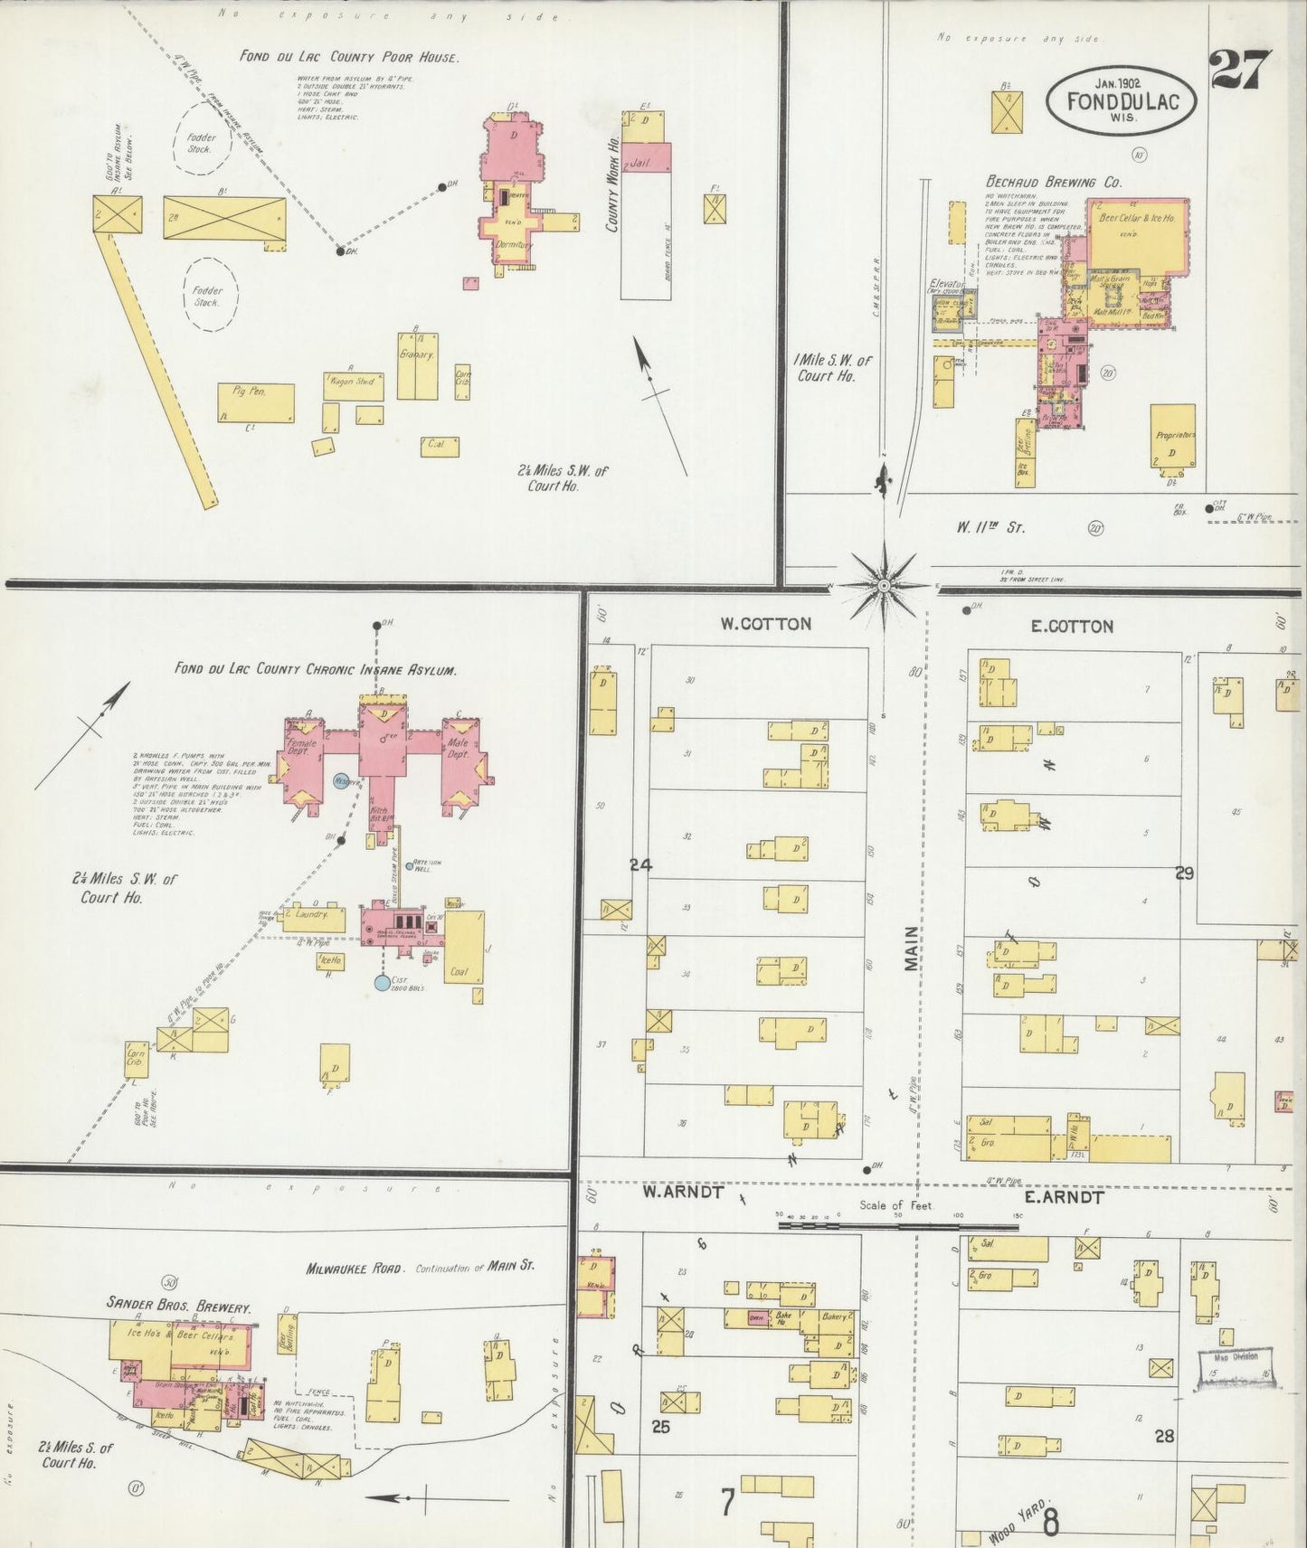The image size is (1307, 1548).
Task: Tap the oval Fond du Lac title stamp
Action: click(x=1122, y=101)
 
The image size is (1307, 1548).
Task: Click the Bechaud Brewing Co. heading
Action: click(x=1054, y=182)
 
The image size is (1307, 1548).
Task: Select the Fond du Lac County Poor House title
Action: click(x=349, y=56)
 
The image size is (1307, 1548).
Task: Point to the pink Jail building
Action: click(x=647, y=156)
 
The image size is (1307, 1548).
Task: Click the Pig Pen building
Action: click(x=256, y=401)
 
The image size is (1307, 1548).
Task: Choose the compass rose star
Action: click(x=883, y=585)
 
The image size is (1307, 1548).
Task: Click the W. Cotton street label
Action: click(x=765, y=623)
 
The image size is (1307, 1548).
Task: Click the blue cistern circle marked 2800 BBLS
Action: click(x=384, y=982)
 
